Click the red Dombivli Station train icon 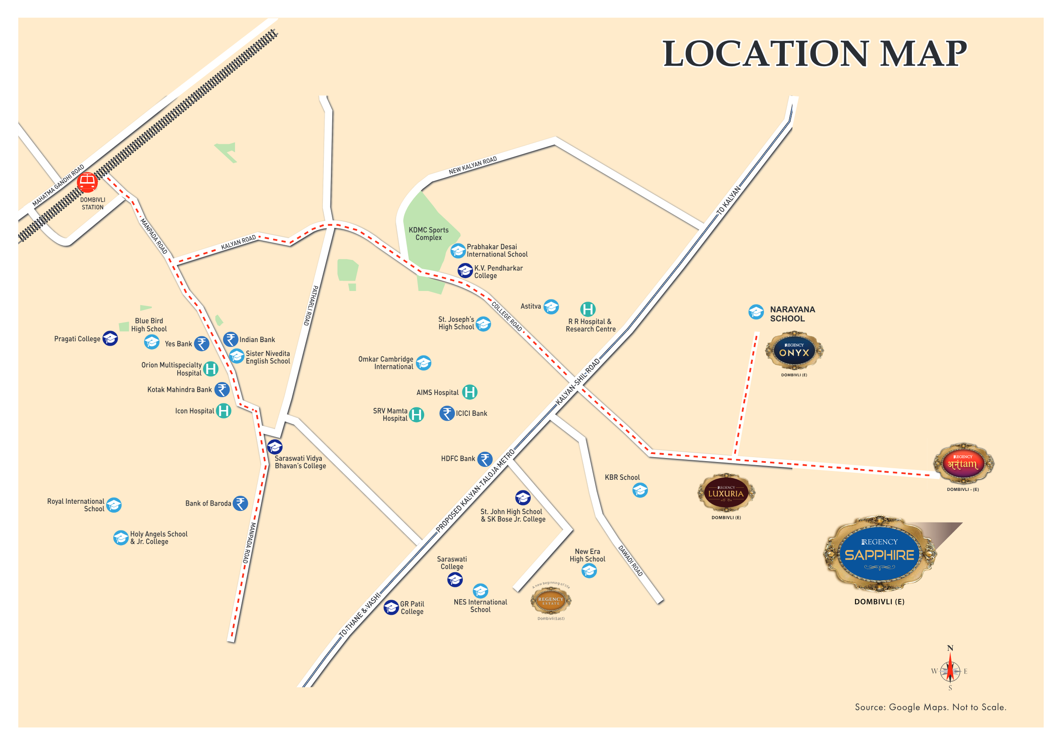click(87, 182)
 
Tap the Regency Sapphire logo click(879, 554)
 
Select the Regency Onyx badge click(794, 351)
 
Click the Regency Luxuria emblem click(726, 492)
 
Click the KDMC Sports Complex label click(428, 234)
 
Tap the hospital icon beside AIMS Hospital click(469, 392)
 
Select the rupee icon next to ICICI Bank click(447, 413)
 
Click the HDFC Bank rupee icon click(485, 459)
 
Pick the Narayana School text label click(792, 314)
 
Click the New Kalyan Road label click(472, 165)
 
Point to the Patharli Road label click(310, 305)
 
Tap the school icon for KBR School click(640, 490)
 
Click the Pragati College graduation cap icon click(110, 338)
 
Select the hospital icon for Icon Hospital click(223, 410)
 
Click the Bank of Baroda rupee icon click(240, 503)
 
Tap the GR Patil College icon click(391, 607)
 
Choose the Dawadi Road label click(630, 560)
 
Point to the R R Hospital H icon click(588, 309)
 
